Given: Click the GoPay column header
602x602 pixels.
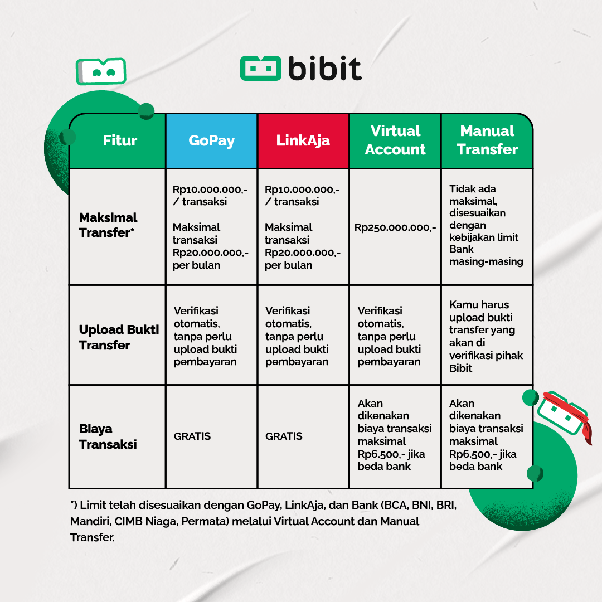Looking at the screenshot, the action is (211, 140).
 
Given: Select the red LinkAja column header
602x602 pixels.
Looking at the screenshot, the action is (303, 140).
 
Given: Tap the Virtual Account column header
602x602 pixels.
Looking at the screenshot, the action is (395, 140).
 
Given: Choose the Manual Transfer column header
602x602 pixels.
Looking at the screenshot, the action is (487, 140).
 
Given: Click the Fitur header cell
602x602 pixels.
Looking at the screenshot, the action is (120, 140).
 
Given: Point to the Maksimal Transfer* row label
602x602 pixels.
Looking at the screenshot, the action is (108, 225).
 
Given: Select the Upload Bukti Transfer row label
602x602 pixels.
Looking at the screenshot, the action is (119, 337).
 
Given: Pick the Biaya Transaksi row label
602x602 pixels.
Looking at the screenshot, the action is (108, 436).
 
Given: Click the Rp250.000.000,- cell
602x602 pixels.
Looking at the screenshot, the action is (395, 227).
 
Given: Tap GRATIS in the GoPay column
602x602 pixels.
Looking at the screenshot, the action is (192, 436).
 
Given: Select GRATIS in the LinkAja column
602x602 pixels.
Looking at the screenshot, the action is (284, 436).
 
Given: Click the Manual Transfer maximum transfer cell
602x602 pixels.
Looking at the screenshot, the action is (486, 225).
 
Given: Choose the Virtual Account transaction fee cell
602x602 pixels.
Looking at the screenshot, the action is (395, 435).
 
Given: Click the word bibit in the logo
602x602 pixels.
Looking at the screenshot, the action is (325, 69).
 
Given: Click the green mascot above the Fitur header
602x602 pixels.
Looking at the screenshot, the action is (101, 71).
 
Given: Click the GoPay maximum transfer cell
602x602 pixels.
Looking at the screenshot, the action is (211, 227).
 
